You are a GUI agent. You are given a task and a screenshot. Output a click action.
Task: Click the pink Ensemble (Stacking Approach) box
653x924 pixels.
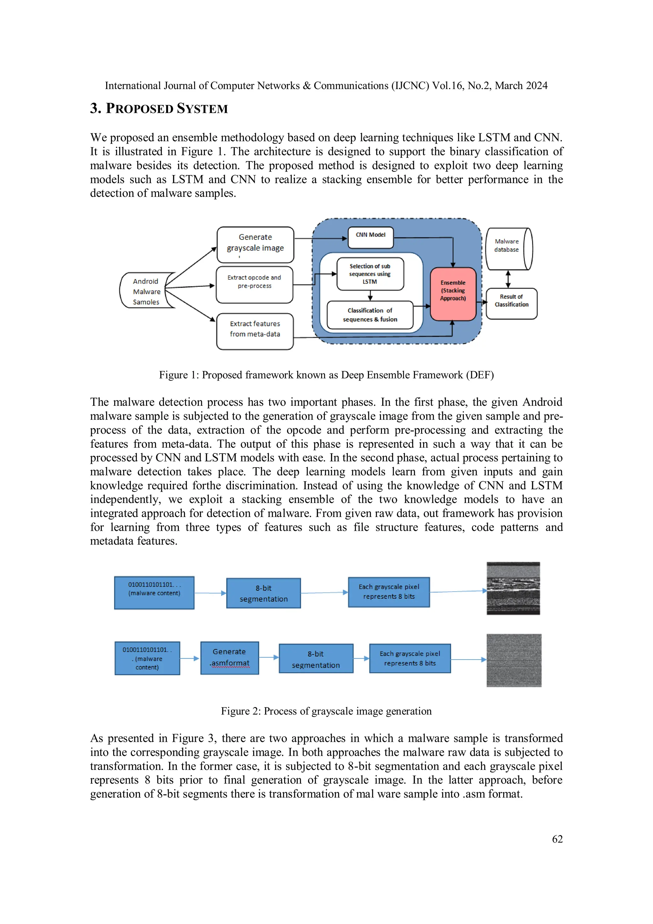(453, 294)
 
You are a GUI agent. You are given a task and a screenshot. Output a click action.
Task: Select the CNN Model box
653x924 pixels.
(370, 237)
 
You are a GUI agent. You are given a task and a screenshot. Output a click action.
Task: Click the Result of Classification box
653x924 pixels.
(511, 303)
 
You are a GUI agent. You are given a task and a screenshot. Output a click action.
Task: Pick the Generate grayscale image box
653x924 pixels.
(255, 245)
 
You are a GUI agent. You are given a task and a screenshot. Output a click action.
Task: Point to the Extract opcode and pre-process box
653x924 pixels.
(254, 284)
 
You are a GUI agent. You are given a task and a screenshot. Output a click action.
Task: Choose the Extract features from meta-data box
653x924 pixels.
(255, 331)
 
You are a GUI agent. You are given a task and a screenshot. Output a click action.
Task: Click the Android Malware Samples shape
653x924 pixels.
(146, 291)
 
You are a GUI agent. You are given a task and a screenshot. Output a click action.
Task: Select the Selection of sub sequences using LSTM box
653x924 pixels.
(370, 274)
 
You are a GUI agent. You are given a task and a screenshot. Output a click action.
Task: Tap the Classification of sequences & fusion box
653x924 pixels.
(370, 315)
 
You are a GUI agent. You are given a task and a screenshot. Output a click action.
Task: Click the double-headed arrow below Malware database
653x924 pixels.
(508, 279)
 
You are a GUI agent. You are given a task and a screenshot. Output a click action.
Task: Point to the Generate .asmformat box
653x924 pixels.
(229, 658)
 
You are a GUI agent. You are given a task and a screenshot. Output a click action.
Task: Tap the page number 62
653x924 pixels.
(557, 839)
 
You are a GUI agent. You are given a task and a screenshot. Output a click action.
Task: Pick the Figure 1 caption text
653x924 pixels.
(326, 375)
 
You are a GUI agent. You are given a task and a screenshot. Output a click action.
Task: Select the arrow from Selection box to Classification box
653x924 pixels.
(370, 295)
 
